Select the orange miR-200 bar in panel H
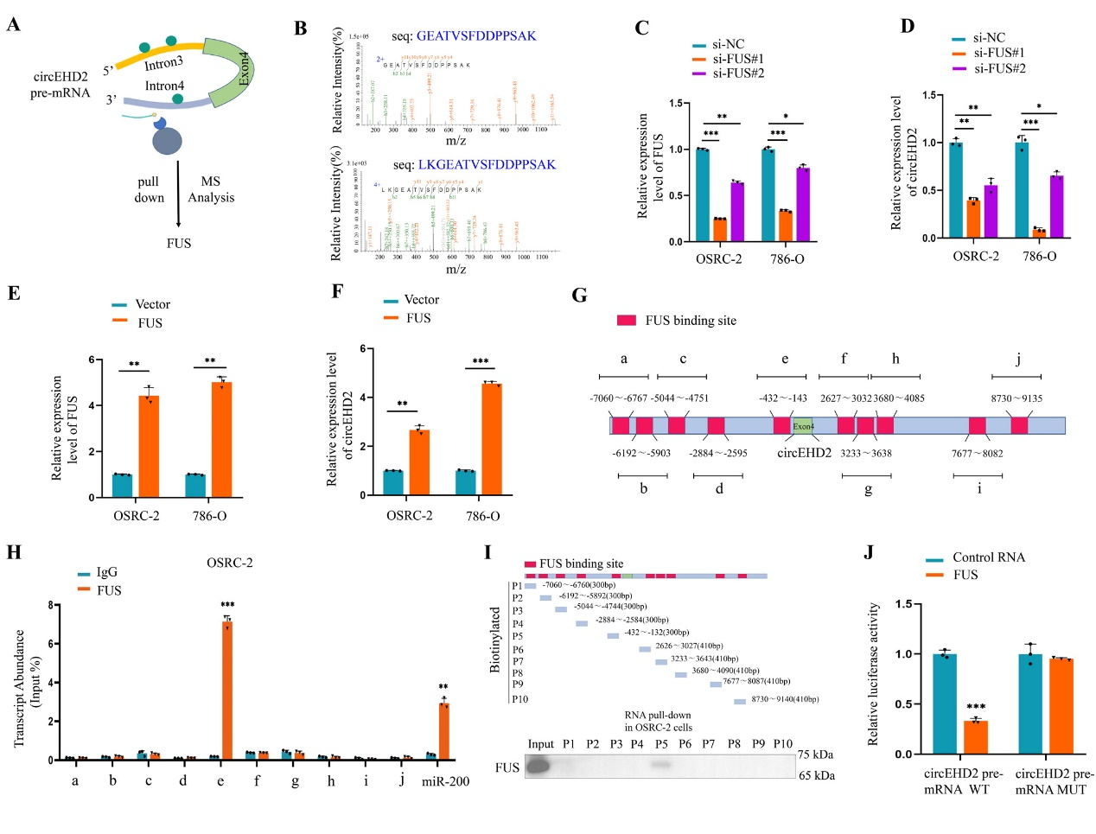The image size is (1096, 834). pyautogui.click(x=444, y=731)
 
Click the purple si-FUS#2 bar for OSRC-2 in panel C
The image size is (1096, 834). pyautogui.click(x=736, y=212)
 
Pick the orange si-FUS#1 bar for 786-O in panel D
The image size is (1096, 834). pyautogui.click(x=1039, y=232)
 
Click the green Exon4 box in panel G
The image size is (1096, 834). pyautogui.click(x=803, y=425)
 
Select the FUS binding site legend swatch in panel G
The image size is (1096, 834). pyautogui.click(x=627, y=321)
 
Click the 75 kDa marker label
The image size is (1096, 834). pyautogui.click(x=816, y=754)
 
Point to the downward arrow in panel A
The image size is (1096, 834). pyautogui.click(x=178, y=194)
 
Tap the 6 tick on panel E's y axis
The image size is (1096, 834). pyautogui.click(x=92, y=360)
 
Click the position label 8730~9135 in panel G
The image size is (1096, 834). pyautogui.click(x=1016, y=398)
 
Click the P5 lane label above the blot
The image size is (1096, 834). pyautogui.click(x=661, y=743)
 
